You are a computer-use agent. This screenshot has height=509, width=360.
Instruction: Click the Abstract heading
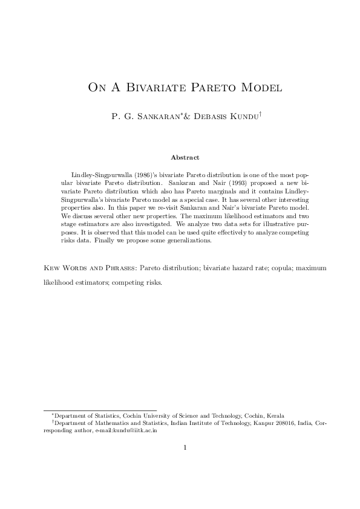[185, 157]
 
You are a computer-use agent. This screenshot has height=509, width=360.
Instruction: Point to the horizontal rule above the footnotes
[100, 410]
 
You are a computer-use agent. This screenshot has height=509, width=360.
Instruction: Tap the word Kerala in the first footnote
[276, 416]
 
